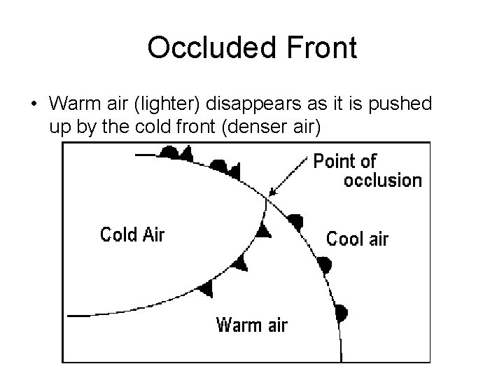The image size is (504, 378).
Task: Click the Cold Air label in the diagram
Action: pos(132,234)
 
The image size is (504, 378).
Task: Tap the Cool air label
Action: pos(357,239)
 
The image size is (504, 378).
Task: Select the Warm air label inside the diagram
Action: pos(251,325)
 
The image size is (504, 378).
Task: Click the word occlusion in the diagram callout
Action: pos(382,181)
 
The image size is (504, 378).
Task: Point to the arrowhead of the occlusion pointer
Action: pos(272,195)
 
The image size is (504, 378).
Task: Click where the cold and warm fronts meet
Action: pos(266,199)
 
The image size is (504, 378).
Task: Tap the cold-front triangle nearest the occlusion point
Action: pos(263,231)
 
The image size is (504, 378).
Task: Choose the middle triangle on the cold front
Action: pos(241,262)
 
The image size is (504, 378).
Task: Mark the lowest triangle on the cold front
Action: pos(206,288)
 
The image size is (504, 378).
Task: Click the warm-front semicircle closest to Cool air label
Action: pos(297,222)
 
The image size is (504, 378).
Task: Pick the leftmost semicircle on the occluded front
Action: pos(169,152)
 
